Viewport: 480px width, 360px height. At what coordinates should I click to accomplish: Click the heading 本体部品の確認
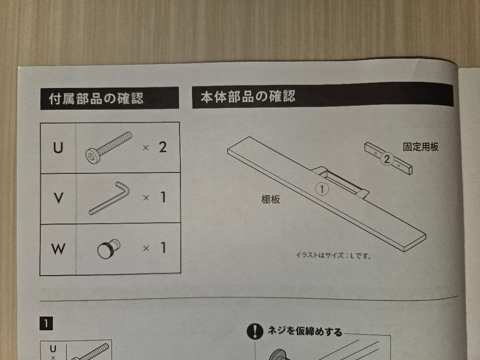coord(248,96)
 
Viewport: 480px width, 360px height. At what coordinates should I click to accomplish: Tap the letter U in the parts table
coord(58,148)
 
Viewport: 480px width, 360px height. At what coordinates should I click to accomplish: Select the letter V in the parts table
coord(58,198)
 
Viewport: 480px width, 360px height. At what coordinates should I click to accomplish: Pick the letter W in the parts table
coord(58,249)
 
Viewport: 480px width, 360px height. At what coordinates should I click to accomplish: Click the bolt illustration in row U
coord(108,147)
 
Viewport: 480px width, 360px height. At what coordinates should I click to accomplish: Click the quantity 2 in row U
coord(163,147)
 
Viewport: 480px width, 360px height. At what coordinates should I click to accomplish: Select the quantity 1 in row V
coord(163,197)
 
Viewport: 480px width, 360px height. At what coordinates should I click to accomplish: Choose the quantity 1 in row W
coord(163,248)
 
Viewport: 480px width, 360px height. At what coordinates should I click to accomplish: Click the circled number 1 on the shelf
coord(321,189)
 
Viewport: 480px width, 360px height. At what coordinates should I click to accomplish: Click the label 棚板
coord(271,200)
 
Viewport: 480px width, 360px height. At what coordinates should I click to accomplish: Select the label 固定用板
coord(420,147)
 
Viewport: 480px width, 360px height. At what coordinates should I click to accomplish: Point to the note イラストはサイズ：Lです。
coord(333,256)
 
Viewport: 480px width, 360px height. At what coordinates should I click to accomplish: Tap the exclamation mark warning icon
coord(255,331)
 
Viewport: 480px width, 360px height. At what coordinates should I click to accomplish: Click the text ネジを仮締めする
coord(304,332)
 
